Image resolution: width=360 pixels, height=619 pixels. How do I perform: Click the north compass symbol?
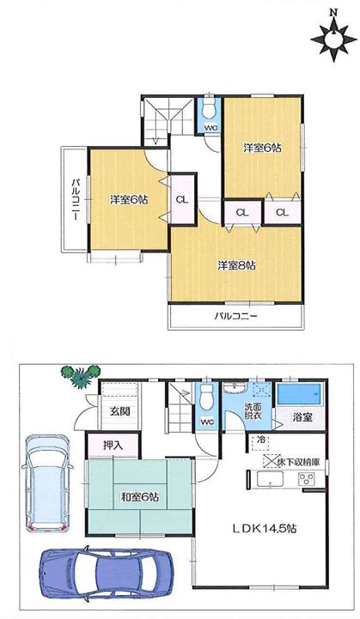[334, 38]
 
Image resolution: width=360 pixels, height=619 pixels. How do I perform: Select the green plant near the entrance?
[81, 376]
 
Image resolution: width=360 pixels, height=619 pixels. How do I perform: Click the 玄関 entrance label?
[119, 411]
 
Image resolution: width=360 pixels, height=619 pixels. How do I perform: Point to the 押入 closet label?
[113, 446]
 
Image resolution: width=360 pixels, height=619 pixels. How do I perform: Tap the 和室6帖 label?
[139, 496]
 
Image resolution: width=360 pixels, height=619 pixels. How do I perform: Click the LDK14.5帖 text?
[265, 528]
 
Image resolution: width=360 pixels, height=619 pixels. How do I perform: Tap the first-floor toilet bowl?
[206, 398]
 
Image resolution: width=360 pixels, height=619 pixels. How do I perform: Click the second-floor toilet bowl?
[210, 108]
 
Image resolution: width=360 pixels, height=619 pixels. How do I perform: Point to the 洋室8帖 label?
[236, 265]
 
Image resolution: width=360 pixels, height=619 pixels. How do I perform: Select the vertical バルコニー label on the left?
[75, 200]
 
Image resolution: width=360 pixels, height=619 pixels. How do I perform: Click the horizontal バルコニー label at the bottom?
[236, 316]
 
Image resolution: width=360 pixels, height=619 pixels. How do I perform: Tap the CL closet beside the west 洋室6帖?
[182, 200]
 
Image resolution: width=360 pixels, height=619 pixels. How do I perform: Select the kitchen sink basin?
[271, 479]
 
